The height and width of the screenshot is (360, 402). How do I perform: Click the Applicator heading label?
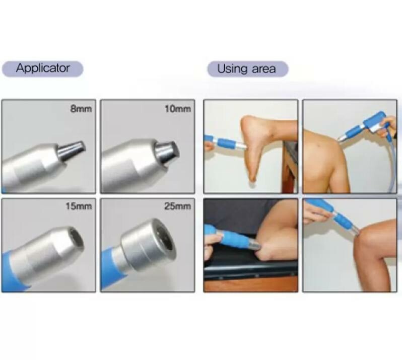[x=42, y=68]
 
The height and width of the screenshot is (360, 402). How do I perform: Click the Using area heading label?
[x=246, y=69]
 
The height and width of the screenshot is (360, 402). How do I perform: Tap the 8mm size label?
[x=81, y=109]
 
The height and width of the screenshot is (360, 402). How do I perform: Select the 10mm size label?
[x=178, y=109]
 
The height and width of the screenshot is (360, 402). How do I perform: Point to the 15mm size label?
[x=80, y=206]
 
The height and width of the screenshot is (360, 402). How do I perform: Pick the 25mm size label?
[x=178, y=206]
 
